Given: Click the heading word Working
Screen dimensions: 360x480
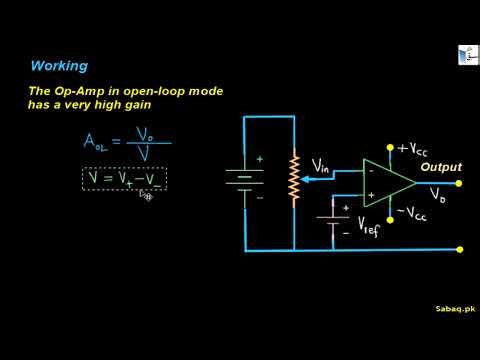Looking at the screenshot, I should (60, 66).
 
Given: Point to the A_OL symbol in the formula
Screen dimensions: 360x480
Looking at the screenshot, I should (96, 142).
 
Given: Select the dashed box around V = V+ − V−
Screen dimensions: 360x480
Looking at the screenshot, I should (124, 179).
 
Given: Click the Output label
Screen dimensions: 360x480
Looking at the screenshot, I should (440, 167).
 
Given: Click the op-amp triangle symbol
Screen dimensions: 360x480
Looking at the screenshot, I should (386, 182).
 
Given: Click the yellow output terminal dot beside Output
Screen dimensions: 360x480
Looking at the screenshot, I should (459, 183).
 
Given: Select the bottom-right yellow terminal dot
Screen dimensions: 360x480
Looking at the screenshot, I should (459, 249).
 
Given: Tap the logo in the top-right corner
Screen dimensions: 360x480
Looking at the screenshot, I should (466, 55).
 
